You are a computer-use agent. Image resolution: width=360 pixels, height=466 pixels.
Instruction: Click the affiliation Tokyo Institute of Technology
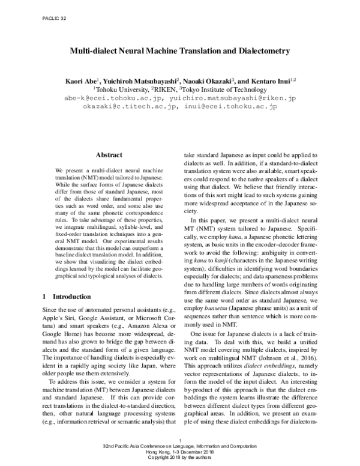(x=227, y=88)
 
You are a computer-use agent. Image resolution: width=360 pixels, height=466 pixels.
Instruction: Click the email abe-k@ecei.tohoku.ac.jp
(x=112, y=97)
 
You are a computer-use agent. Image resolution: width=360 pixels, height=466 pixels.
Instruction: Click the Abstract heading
(x=109, y=155)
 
